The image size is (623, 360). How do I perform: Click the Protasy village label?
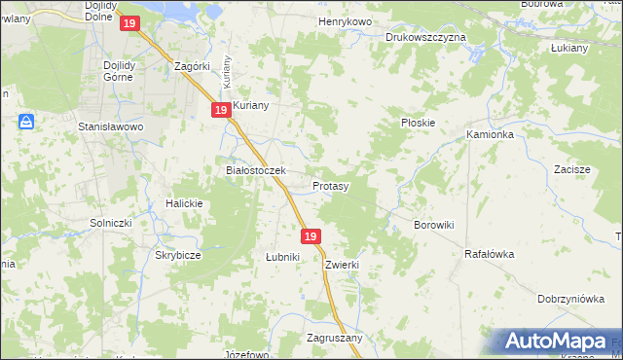pos(331,185)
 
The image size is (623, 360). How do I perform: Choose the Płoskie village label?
pos(419,124)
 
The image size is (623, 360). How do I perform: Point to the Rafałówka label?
pos(489,254)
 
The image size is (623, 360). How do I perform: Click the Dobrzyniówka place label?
pos(570,300)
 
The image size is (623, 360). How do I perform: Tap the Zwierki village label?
pos(344,264)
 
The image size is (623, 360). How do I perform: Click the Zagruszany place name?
pos(334,338)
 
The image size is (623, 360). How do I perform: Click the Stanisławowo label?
pos(111,127)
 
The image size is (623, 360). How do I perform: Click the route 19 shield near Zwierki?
pos(311,236)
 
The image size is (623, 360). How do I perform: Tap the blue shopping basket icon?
pos(26,122)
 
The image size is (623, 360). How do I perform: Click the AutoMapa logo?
pos(560,341)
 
